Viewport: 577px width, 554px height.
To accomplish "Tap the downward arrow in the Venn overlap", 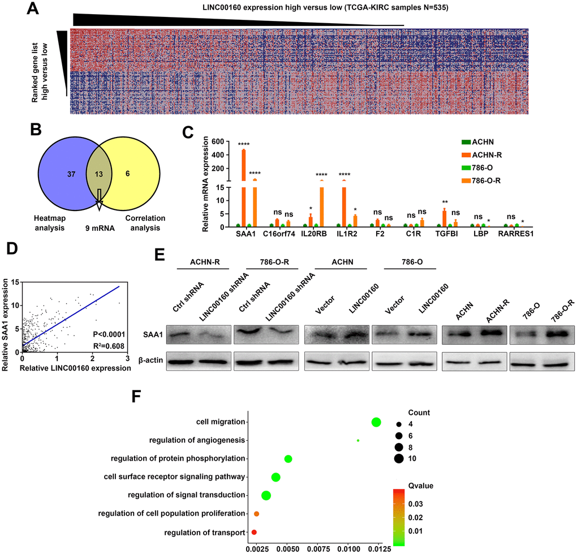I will (100, 197).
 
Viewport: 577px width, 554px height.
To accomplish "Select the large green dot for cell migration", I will (376, 422).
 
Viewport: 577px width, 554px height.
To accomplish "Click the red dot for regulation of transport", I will (254, 532).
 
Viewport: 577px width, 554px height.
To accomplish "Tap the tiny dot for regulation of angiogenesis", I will (358, 440).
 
